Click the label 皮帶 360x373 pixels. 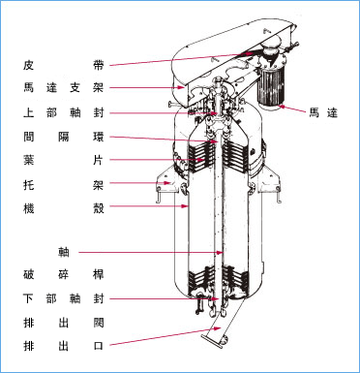64,65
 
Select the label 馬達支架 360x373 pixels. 64,87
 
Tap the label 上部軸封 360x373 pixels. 64,113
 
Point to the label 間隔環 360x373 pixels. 64,137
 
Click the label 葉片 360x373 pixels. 64,160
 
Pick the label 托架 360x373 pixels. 64,185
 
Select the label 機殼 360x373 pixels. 64,208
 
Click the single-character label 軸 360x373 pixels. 64,252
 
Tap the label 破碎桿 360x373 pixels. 64,274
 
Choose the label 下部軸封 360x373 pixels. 64,298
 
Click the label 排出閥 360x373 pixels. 64,323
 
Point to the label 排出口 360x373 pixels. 64,346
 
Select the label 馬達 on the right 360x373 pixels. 323,113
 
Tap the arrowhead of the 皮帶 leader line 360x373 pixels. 250,53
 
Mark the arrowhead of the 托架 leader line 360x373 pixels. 167,183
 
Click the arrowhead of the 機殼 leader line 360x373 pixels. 185,205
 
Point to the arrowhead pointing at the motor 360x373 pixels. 283,106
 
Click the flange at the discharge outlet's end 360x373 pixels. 212,342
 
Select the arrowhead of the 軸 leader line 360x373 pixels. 220,253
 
